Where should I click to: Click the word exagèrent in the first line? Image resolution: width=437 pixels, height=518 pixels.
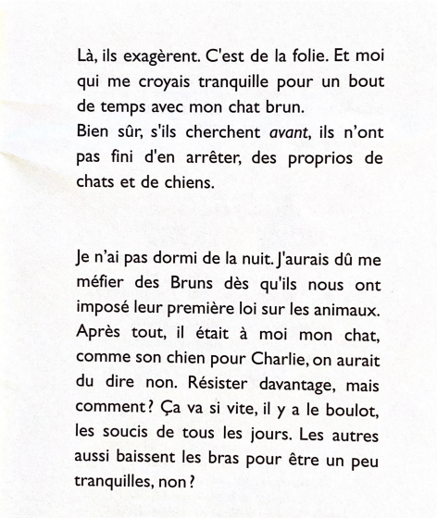point(151,55)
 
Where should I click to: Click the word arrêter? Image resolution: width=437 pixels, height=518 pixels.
point(208,157)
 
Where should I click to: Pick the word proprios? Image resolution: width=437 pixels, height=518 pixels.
point(309,157)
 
